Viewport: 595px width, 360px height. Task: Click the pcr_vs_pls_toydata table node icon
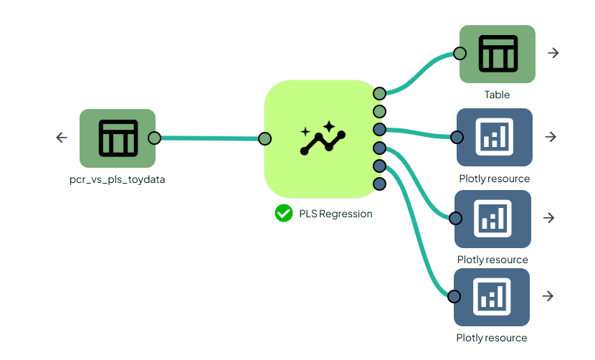(118, 138)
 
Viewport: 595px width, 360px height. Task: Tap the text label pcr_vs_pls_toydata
(113, 180)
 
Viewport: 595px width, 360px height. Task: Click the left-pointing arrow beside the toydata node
(62, 138)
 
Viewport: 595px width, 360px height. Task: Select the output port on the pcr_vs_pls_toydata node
(154, 138)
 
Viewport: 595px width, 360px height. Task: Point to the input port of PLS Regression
(265, 138)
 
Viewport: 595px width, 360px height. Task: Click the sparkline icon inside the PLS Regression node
(323, 138)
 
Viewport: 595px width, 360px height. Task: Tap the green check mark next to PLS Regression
(284, 213)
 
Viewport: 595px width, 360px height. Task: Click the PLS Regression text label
(335, 214)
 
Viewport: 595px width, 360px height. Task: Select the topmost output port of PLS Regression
(380, 93)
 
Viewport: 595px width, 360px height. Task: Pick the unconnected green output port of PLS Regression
(380, 111)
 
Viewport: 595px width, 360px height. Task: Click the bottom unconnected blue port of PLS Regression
(380, 184)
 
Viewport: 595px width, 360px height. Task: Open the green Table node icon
(498, 54)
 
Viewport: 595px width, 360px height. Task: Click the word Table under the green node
(497, 95)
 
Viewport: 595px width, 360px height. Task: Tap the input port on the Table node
(460, 53)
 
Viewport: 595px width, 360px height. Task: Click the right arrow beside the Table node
(553, 53)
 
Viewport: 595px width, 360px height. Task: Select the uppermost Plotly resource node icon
(495, 137)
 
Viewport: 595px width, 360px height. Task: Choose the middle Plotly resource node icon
(493, 218)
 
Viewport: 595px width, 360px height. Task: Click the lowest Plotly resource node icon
(492, 296)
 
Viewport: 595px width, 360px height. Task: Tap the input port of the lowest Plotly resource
(454, 296)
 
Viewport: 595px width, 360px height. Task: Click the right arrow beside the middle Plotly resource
(549, 218)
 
